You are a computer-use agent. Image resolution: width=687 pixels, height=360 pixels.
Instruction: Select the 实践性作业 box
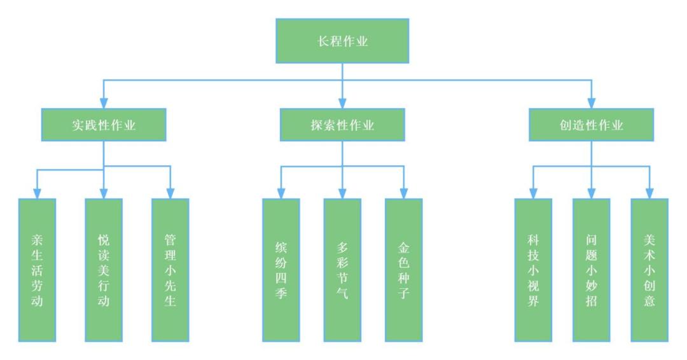tap(104, 125)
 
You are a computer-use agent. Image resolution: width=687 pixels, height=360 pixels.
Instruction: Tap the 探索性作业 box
tap(342, 125)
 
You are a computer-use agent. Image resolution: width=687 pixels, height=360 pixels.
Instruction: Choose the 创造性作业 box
tap(592, 125)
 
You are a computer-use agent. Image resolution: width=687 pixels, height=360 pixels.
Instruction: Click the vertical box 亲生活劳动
tap(37, 270)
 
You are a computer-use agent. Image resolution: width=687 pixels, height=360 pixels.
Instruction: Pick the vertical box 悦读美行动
tap(104, 270)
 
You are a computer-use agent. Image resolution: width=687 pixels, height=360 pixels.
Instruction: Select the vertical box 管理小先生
tap(170, 270)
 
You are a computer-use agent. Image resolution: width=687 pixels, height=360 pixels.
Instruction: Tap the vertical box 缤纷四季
tap(281, 270)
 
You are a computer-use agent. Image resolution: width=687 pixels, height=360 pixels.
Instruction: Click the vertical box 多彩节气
tap(342, 270)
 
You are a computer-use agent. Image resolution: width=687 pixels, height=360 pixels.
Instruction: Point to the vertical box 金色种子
tap(403, 270)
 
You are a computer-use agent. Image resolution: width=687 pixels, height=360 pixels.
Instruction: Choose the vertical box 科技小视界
tap(533, 270)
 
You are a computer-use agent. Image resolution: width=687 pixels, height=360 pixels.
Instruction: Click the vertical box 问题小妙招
tap(592, 270)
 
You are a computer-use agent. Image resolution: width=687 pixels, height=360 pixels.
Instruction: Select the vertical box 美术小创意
tap(649, 270)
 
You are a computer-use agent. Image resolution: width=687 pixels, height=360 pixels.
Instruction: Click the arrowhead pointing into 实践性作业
tap(104, 103)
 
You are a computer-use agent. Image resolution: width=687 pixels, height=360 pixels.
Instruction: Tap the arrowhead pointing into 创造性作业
tap(592, 103)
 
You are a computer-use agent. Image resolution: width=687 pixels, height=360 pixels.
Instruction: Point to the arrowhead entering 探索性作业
tap(342, 103)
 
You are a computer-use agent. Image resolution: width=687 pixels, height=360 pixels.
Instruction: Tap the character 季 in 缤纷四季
tap(281, 297)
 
